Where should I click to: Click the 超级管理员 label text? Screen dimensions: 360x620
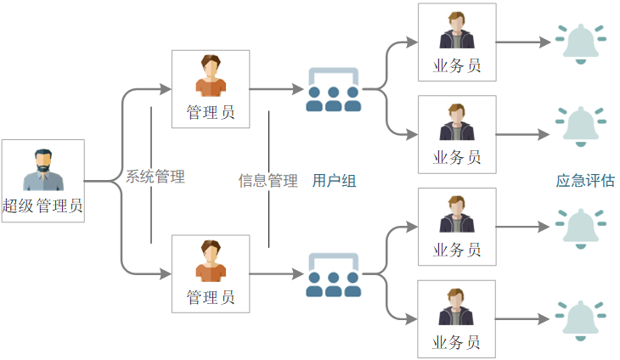pyautogui.click(x=42, y=205)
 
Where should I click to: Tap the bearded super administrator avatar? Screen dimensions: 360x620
pyautogui.click(x=42, y=170)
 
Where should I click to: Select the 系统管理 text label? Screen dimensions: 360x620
pyautogui.click(x=155, y=177)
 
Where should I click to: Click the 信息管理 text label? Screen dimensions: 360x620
pyautogui.click(x=268, y=181)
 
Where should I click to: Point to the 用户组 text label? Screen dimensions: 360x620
pyautogui.click(x=334, y=181)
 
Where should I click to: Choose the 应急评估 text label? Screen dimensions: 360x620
pyautogui.click(x=585, y=181)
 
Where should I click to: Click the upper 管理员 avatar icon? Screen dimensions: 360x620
pyautogui.click(x=211, y=76)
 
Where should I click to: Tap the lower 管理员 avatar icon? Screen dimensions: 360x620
pyautogui.click(x=211, y=261)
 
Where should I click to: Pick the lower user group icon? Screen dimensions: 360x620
pyautogui.click(x=333, y=274)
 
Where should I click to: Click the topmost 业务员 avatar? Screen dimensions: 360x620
pyautogui.click(x=456, y=31)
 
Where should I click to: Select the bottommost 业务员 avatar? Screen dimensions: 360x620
pyautogui.click(x=456, y=308)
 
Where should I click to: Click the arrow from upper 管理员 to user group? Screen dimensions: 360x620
pyautogui.click(x=276, y=89)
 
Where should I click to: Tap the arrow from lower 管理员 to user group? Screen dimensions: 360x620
pyautogui.click(x=276, y=274)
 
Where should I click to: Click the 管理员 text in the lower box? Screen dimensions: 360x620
pyautogui.click(x=211, y=298)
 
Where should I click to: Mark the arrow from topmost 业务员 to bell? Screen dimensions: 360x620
pyautogui.click(x=523, y=42)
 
